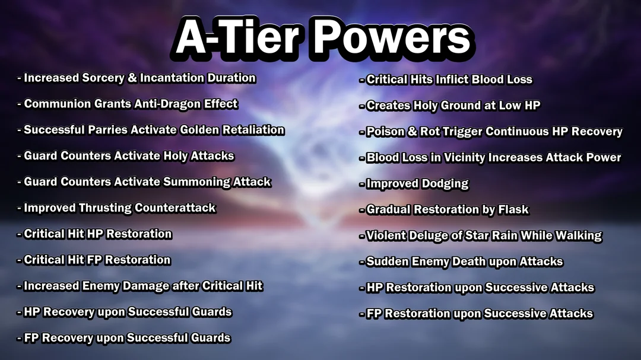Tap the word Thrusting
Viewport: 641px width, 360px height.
pyautogui.click(x=105, y=208)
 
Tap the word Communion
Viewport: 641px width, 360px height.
pyautogui.click(x=57, y=104)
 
